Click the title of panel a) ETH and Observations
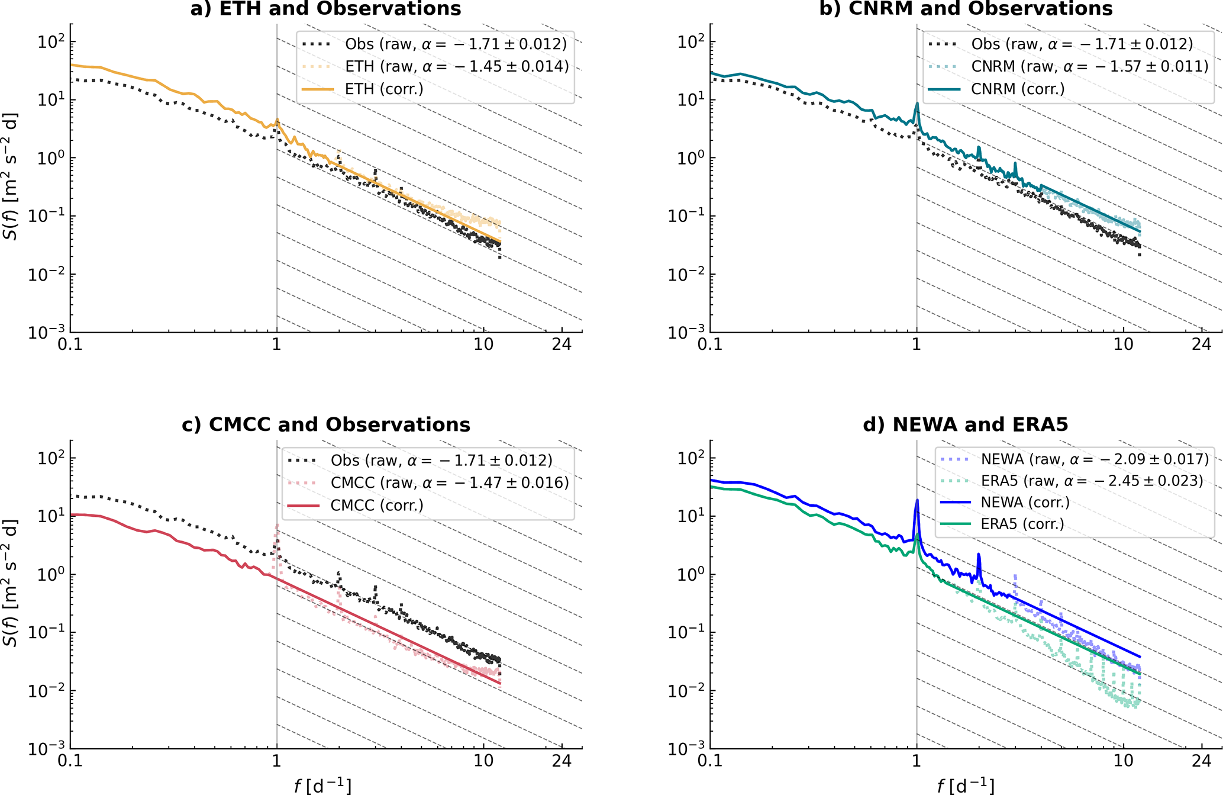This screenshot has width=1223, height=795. (x=325, y=9)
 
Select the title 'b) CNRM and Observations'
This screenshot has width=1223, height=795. (x=966, y=9)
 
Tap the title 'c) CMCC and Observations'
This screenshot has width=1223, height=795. (x=325, y=424)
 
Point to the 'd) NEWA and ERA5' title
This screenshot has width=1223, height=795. (x=966, y=424)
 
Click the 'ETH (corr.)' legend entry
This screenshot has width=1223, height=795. (x=384, y=89)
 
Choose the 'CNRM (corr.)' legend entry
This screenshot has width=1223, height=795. (x=1018, y=89)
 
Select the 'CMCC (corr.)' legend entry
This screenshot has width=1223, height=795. (x=377, y=506)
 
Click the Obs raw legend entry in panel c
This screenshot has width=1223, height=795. (x=441, y=460)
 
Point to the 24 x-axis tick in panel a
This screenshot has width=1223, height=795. (x=562, y=344)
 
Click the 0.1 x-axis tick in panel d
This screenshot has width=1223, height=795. (x=710, y=761)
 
